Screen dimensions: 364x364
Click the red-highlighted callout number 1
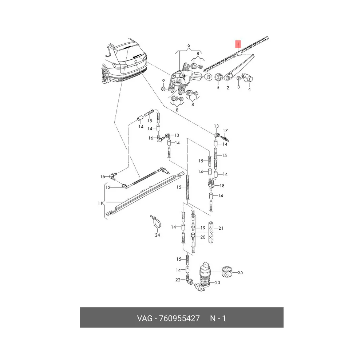coord(238,44)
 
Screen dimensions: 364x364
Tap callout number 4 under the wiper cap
coord(249,90)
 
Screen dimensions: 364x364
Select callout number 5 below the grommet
coord(218,88)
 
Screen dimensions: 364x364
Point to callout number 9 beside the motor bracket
coord(163,81)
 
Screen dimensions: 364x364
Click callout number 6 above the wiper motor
coord(189,45)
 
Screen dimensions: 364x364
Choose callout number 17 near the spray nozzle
coord(225,131)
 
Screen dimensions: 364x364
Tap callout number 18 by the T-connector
coord(222,186)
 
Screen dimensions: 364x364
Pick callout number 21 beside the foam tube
coord(221,229)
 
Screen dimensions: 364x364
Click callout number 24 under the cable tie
coord(157,235)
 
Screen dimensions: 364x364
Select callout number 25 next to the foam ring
coord(240,273)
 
